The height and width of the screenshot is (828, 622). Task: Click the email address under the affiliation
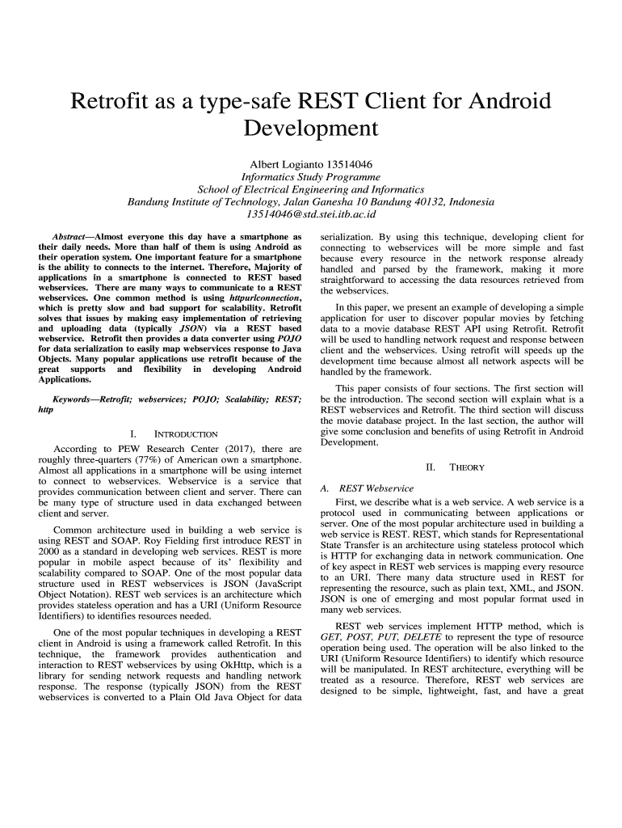[311, 214]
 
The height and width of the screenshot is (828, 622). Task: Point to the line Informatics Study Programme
[311, 176]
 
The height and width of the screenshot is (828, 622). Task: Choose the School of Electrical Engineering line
[311, 189]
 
